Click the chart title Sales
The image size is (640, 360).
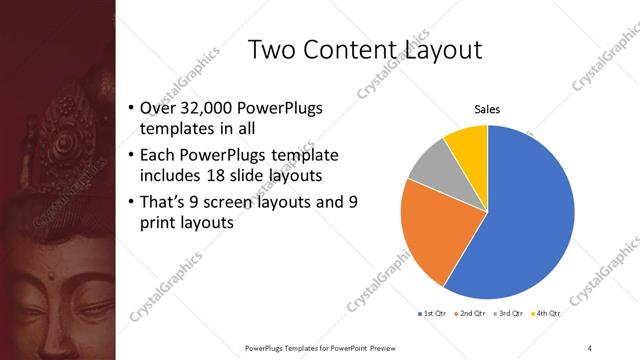[487, 110]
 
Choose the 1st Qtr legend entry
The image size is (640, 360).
[434, 314]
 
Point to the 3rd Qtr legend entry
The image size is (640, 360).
[509, 314]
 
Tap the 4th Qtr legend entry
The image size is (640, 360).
[546, 314]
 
